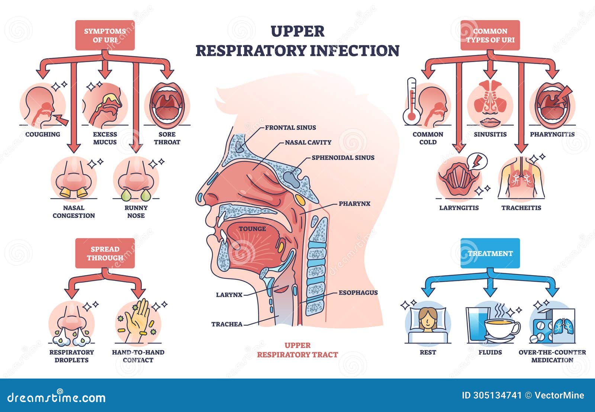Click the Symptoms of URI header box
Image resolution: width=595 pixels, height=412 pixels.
coord(105,35)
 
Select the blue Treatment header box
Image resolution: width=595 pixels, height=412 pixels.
coord(490,253)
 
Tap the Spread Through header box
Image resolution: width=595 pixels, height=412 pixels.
coord(105,253)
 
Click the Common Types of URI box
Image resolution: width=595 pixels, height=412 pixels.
coord(490,35)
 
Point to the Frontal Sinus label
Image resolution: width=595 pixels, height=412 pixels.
coord(290,128)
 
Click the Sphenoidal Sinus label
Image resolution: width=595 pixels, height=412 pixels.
coord(343,158)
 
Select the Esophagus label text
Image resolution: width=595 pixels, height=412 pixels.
coord(358,293)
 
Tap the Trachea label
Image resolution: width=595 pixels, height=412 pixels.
coord(227,324)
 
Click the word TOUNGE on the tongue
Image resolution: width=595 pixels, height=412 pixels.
coord(252,229)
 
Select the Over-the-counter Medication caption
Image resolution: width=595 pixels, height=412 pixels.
coord(552,356)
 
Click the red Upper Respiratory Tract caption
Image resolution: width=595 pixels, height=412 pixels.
coord(297,350)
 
